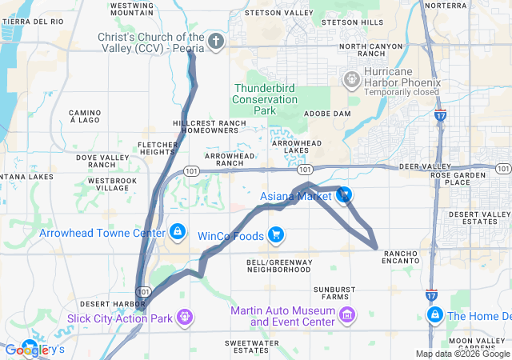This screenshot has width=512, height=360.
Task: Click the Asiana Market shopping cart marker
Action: [x=344, y=194]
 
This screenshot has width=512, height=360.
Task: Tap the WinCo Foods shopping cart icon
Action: [x=276, y=235]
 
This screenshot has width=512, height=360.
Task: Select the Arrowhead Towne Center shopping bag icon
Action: [x=177, y=232]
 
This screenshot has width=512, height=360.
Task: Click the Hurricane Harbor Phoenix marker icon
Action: [x=350, y=79]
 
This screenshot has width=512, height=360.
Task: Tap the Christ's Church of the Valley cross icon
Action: [x=215, y=40]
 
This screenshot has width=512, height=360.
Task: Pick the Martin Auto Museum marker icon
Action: [x=346, y=316]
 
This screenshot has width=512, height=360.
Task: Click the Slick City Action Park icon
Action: [x=185, y=318]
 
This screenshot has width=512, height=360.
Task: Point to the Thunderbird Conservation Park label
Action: [x=264, y=99]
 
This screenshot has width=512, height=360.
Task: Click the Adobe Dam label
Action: [x=328, y=114]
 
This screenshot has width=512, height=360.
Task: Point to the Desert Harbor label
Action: [x=112, y=304]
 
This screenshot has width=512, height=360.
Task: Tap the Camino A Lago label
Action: [x=83, y=116]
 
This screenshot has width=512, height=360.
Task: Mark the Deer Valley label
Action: [x=419, y=166]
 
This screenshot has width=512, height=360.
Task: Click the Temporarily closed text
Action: [x=402, y=92]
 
